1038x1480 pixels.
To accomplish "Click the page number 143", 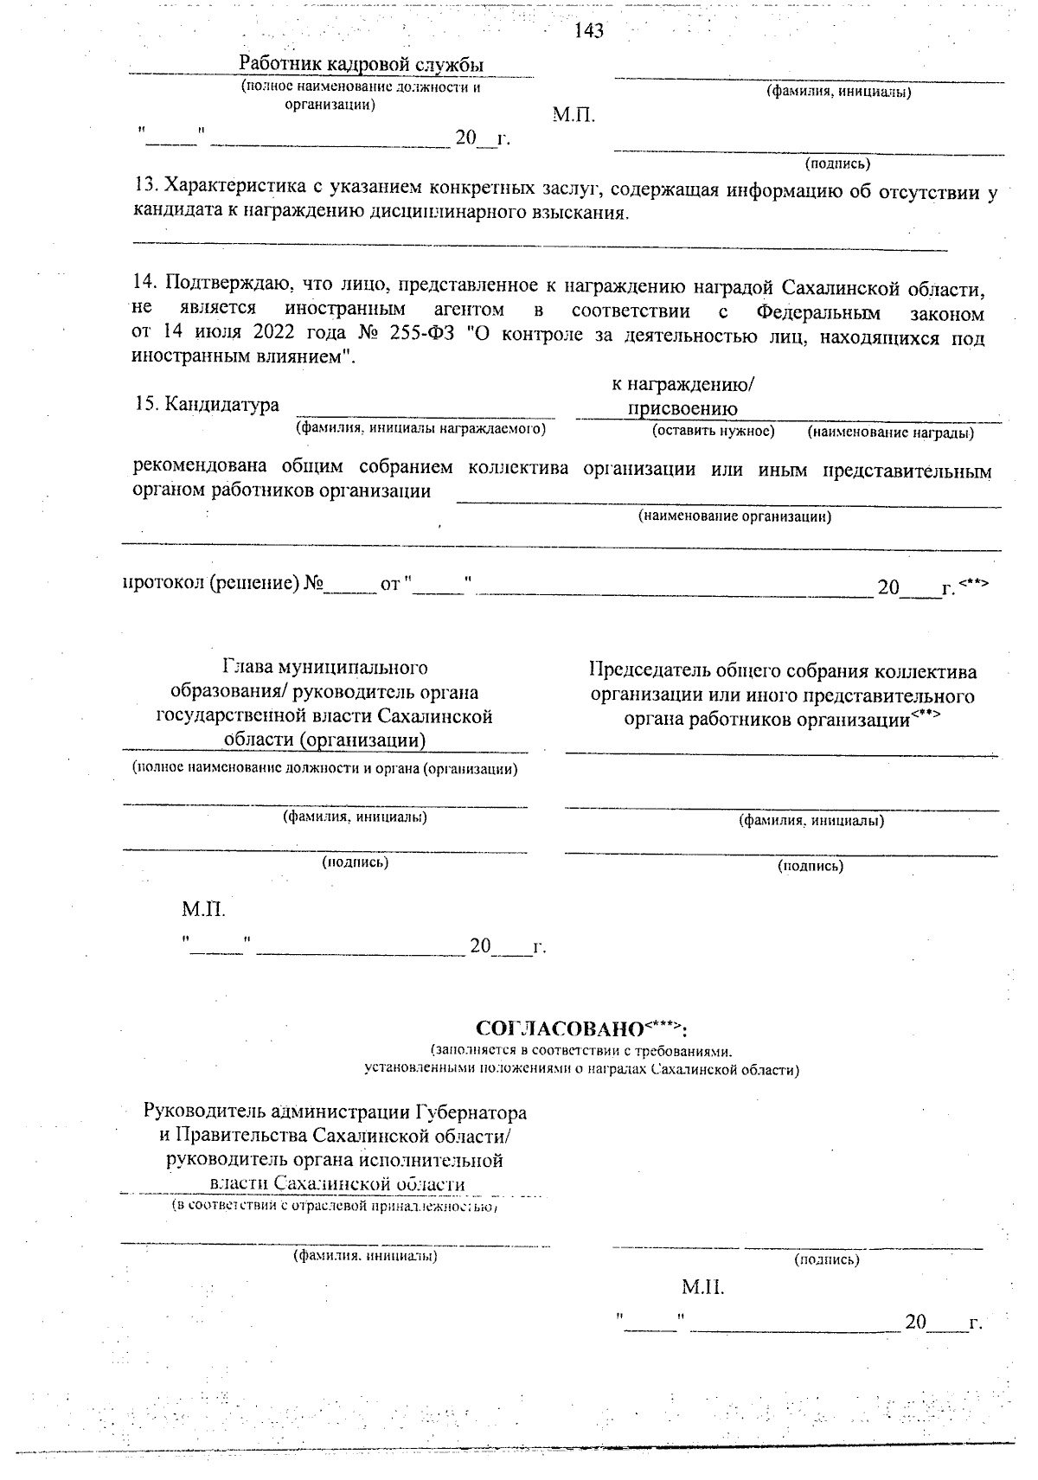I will tap(588, 32).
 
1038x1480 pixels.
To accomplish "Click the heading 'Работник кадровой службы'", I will tap(361, 65).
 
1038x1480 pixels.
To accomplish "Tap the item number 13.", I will tap(145, 187).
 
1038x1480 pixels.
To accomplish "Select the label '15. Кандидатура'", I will tap(207, 405).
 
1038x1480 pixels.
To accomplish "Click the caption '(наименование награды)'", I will tap(891, 432).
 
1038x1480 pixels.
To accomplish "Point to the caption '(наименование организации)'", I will tap(734, 516).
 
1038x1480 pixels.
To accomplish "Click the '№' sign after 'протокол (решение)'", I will tap(312, 584).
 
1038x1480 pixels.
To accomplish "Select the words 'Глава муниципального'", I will tap(324, 668).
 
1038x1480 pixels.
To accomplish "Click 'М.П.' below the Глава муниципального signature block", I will tap(203, 909).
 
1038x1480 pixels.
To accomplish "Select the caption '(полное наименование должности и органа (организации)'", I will tap(324, 768).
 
